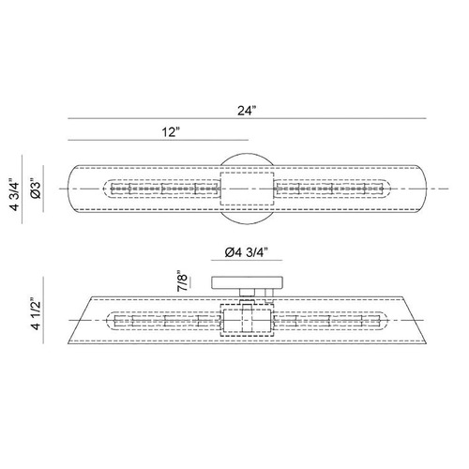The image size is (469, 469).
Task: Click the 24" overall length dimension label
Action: [x=247, y=111]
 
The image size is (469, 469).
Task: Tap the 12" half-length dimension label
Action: [x=171, y=132]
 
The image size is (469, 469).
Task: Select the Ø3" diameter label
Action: [x=37, y=189]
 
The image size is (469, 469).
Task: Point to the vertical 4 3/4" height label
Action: [x=14, y=194]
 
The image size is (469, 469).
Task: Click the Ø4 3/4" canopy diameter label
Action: [x=247, y=252]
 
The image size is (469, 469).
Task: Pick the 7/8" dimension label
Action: [x=182, y=280]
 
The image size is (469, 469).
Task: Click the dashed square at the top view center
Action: [x=247, y=189]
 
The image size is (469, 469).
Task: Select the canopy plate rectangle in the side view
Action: [x=247, y=282]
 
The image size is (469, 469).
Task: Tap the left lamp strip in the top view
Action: [x=161, y=189]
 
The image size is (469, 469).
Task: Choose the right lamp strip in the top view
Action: [x=332, y=189]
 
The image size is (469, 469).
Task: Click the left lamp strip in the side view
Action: [x=163, y=321]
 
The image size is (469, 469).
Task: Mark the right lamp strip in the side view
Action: [x=331, y=321]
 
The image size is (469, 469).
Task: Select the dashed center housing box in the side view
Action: [x=247, y=320]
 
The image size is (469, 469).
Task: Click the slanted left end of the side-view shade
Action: [x=80, y=320]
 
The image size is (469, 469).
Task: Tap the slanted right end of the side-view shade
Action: [x=415, y=320]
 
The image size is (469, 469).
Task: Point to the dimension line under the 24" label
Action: [x=247, y=118]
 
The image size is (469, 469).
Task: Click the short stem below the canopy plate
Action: [x=247, y=293]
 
